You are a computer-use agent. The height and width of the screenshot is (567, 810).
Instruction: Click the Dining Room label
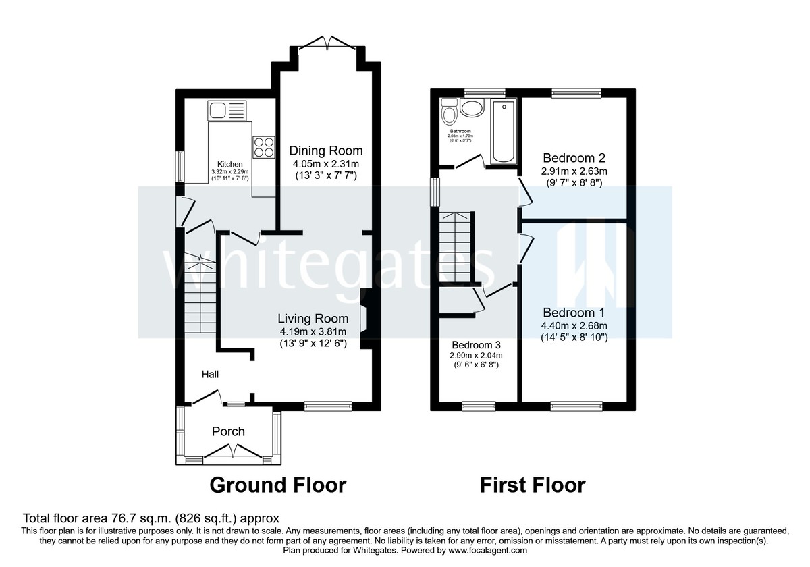[326, 151]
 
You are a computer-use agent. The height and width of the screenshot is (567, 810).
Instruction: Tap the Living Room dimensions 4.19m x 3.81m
[314, 331]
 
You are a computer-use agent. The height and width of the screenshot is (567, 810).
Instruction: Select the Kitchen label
[230, 164]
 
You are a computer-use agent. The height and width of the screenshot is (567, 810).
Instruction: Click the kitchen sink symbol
[228, 109]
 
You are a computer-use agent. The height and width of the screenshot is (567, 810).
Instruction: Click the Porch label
[229, 431]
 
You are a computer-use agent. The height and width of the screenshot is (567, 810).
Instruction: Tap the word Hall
[209, 374]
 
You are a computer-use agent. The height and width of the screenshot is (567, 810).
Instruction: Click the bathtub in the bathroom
[504, 132]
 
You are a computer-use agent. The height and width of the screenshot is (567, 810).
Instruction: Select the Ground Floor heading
[277, 485]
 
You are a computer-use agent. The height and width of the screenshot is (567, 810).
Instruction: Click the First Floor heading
[532, 485]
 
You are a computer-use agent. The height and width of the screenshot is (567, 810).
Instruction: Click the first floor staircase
[456, 246]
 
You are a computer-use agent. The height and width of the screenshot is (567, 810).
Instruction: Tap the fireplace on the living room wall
[364, 319]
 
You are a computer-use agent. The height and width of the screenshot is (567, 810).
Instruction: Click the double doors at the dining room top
[327, 44]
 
